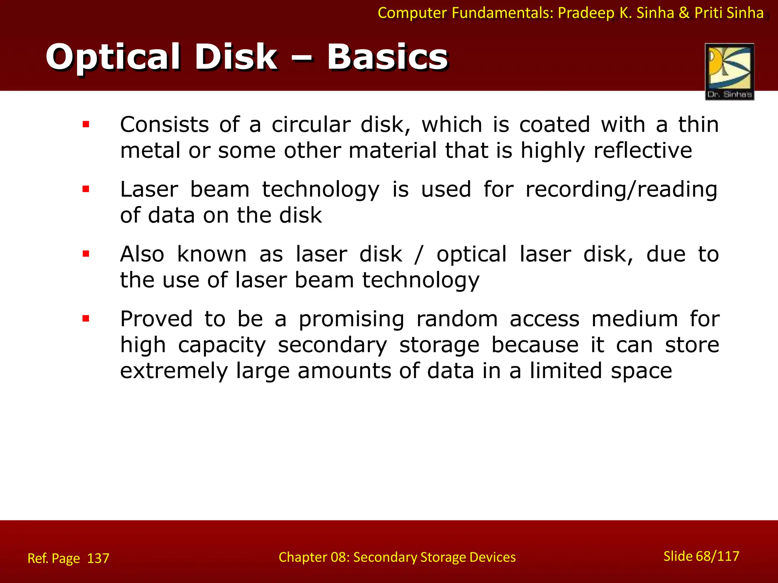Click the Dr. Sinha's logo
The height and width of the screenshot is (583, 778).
pyautogui.click(x=729, y=71)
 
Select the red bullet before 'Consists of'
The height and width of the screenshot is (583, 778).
pyautogui.click(x=86, y=124)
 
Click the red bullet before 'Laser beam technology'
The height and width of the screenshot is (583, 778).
pyautogui.click(x=86, y=189)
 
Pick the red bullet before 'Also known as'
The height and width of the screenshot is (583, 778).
pyautogui.click(x=86, y=254)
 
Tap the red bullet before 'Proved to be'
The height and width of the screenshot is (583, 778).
pyautogui.click(x=86, y=319)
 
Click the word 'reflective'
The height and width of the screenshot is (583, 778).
pyautogui.click(x=643, y=150)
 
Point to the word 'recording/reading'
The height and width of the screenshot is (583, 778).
pyautogui.click(x=621, y=189)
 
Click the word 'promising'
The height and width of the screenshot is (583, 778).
pyautogui.click(x=351, y=320)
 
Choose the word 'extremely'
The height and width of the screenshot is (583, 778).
pyautogui.click(x=174, y=371)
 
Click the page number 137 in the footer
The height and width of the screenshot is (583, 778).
pyautogui.click(x=98, y=558)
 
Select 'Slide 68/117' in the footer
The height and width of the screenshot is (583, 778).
pyautogui.click(x=701, y=556)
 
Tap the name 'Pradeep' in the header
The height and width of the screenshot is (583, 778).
pyautogui.click(x=586, y=13)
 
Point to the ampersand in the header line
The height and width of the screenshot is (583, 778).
pyautogui.click(x=684, y=13)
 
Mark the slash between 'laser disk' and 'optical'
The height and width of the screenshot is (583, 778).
pyautogui.click(x=419, y=254)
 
